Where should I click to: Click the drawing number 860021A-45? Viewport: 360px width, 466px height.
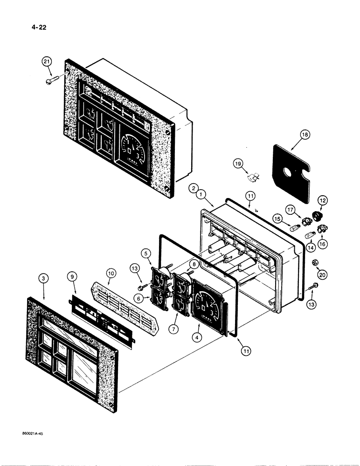(x=35, y=433)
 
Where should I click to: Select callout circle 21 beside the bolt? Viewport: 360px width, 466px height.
(x=47, y=62)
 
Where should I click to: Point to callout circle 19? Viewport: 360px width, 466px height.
(x=238, y=164)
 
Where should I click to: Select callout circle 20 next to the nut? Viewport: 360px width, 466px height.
(x=322, y=275)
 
